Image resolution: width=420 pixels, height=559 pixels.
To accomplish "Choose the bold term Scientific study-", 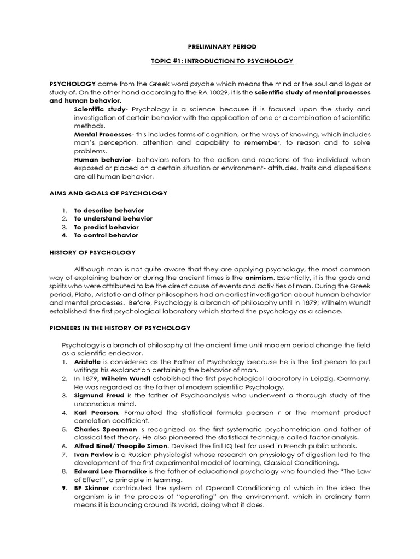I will pyautogui.click(x=101, y=109).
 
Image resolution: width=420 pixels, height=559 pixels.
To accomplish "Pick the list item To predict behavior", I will pyautogui.click(x=106, y=227).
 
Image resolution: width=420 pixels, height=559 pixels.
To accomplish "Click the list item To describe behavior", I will pyautogui.click(x=109, y=210).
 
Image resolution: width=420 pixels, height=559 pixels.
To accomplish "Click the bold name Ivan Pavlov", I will pyautogui.click(x=91, y=454).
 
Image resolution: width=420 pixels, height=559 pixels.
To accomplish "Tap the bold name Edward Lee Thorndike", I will pyautogui.click(x=109, y=471).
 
